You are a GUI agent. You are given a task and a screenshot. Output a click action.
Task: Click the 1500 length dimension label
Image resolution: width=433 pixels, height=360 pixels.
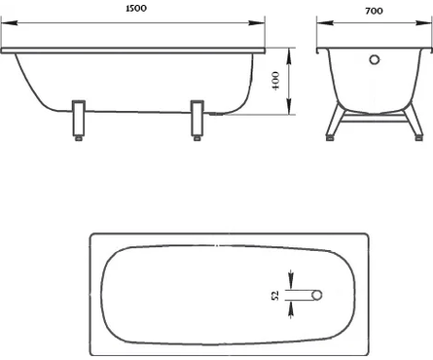[x=136, y=9]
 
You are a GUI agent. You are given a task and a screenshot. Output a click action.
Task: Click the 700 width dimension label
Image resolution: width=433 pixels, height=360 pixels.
[x=374, y=11]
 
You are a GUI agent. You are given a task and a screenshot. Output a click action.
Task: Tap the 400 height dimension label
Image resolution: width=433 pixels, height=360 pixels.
[x=275, y=81]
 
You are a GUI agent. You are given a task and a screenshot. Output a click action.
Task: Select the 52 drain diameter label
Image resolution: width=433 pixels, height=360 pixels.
[x=275, y=296]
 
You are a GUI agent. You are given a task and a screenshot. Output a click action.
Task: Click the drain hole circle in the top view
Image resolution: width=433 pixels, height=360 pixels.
[x=317, y=295]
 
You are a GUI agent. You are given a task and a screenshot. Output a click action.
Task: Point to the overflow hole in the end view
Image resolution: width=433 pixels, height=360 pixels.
[x=375, y=59]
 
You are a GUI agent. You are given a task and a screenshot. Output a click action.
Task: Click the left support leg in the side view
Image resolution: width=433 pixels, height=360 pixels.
[x=79, y=118]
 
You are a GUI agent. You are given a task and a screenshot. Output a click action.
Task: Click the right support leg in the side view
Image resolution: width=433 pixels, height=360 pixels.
[x=198, y=118]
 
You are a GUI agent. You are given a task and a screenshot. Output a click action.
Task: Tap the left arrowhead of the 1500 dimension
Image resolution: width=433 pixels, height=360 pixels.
[x=9, y=23]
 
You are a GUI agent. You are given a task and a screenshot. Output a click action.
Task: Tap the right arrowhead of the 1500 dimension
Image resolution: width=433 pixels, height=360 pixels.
[x=257, y=23]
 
